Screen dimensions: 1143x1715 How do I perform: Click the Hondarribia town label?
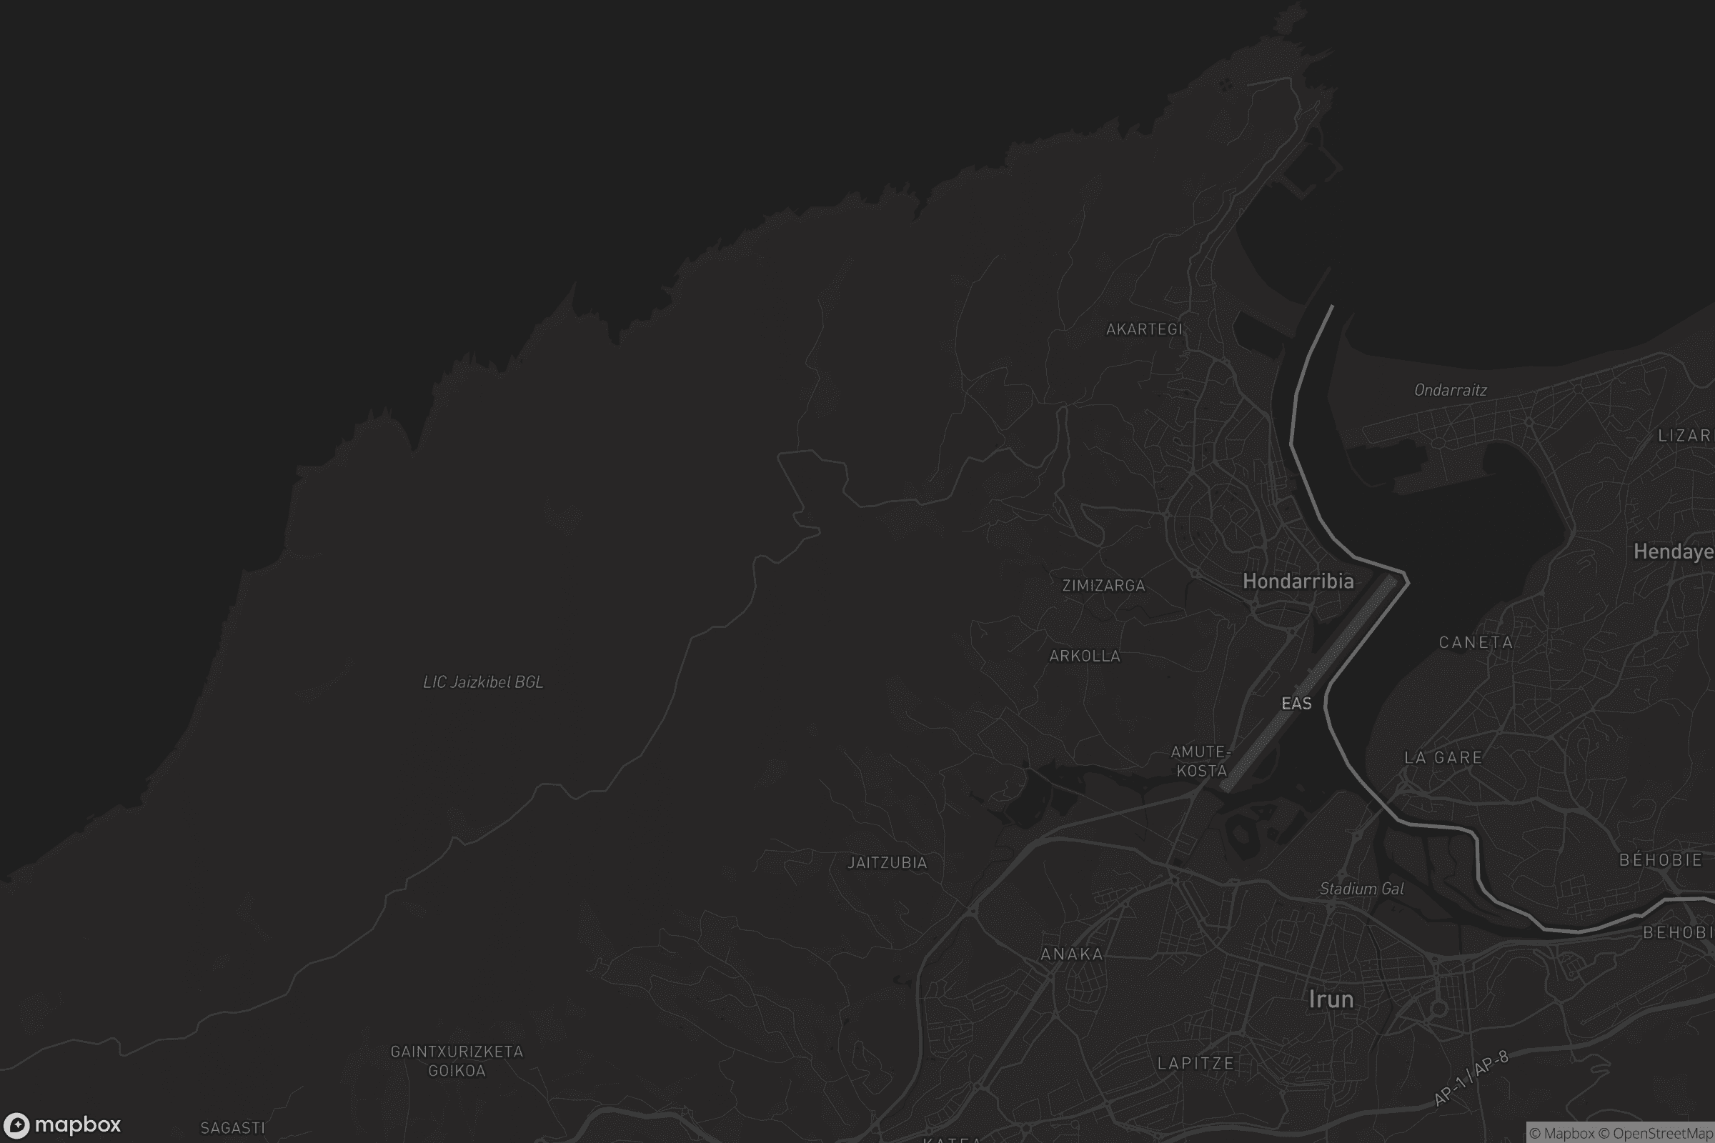1298,581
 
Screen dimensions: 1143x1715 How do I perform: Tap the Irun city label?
1331,999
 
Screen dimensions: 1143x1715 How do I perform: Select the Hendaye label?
1673,551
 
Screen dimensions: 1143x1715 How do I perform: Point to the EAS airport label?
1296,704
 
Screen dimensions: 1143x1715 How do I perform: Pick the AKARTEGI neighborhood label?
1143,329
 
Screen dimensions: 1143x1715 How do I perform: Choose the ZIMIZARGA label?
1103,585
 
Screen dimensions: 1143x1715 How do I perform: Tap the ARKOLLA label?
1084,656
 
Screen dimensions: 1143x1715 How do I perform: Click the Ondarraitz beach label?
1451,390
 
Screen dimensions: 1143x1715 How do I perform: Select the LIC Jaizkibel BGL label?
483,682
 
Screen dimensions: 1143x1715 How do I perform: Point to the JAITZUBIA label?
887,863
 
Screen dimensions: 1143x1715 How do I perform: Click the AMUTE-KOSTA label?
1201,761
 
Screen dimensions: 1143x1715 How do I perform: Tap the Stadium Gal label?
1361,889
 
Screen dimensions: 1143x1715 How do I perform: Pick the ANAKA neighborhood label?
1071,954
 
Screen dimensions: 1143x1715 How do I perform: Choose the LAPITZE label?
1195,1064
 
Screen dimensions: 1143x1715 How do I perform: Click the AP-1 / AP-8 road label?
1470,1078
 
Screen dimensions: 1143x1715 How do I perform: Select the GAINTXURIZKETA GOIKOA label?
457,1061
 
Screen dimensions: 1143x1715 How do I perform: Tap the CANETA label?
1476,642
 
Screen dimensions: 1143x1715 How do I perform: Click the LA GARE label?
1443,757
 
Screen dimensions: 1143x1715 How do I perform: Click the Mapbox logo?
61,1124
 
